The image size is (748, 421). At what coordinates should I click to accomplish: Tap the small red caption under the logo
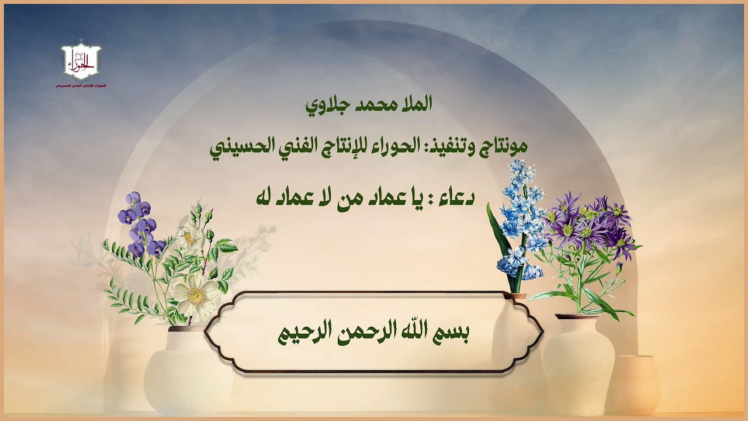[81, 86]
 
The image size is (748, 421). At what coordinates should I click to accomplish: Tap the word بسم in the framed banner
[453, 333]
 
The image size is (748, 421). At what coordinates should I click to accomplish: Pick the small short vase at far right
[633, 384]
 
